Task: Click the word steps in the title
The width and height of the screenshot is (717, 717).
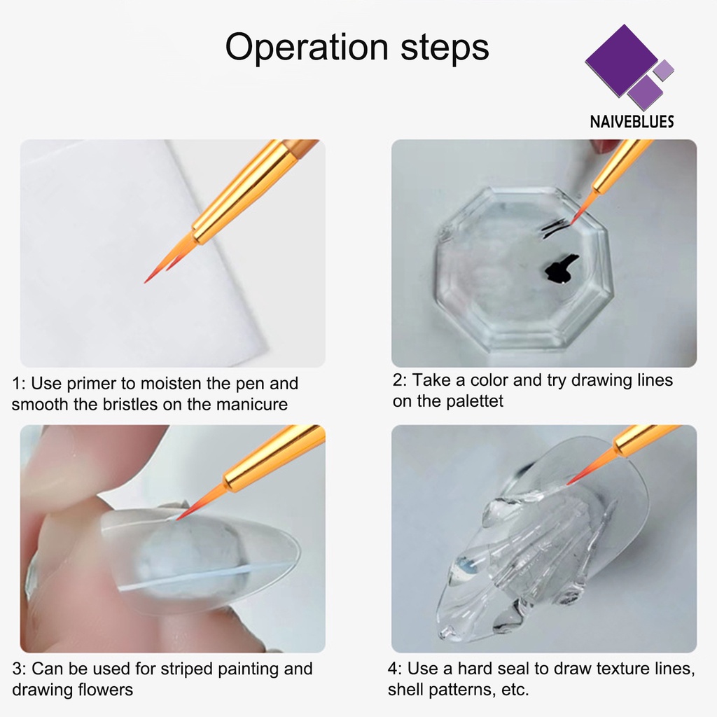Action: (x=445, y=48)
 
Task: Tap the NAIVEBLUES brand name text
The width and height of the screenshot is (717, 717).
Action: (x=632, y=122)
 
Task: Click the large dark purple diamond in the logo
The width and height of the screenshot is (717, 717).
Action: (x=622, y=60)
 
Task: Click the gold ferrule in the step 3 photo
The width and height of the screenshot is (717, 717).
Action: (x=274, y=458)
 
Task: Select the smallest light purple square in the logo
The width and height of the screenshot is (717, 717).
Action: (x=664, y=71)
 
